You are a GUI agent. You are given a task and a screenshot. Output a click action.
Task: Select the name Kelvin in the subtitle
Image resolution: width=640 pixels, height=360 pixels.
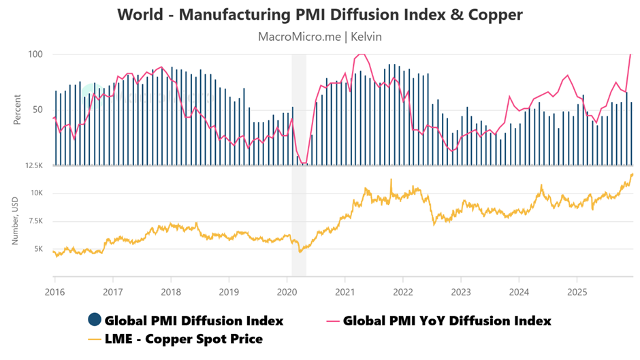(366, 36)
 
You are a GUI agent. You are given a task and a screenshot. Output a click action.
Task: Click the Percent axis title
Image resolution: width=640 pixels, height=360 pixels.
(17, 110)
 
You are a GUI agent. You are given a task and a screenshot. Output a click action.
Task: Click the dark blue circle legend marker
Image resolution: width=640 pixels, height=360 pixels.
(95, 320)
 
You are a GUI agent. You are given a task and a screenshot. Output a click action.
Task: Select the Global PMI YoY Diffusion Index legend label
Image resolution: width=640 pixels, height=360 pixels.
(447, 320)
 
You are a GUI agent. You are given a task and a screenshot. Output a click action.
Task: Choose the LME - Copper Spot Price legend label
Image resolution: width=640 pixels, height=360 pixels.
(184, 338)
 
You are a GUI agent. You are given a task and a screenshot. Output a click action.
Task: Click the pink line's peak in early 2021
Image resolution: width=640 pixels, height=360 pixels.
(361, 54)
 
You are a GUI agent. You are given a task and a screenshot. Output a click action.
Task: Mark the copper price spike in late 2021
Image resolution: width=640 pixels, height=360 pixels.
(391, 180)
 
